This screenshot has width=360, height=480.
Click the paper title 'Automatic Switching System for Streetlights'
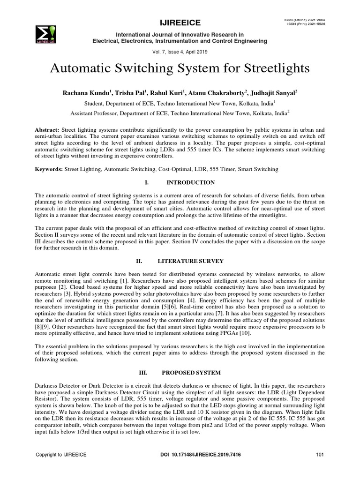click(x=180, y=68)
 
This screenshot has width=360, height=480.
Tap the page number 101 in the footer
click(x=320, y=455)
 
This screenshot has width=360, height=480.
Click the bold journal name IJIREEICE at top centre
click(x=180, y=22)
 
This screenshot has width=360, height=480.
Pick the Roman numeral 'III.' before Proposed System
click(x=143, y=373)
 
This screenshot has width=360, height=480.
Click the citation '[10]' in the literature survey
click(x=244, y=333)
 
